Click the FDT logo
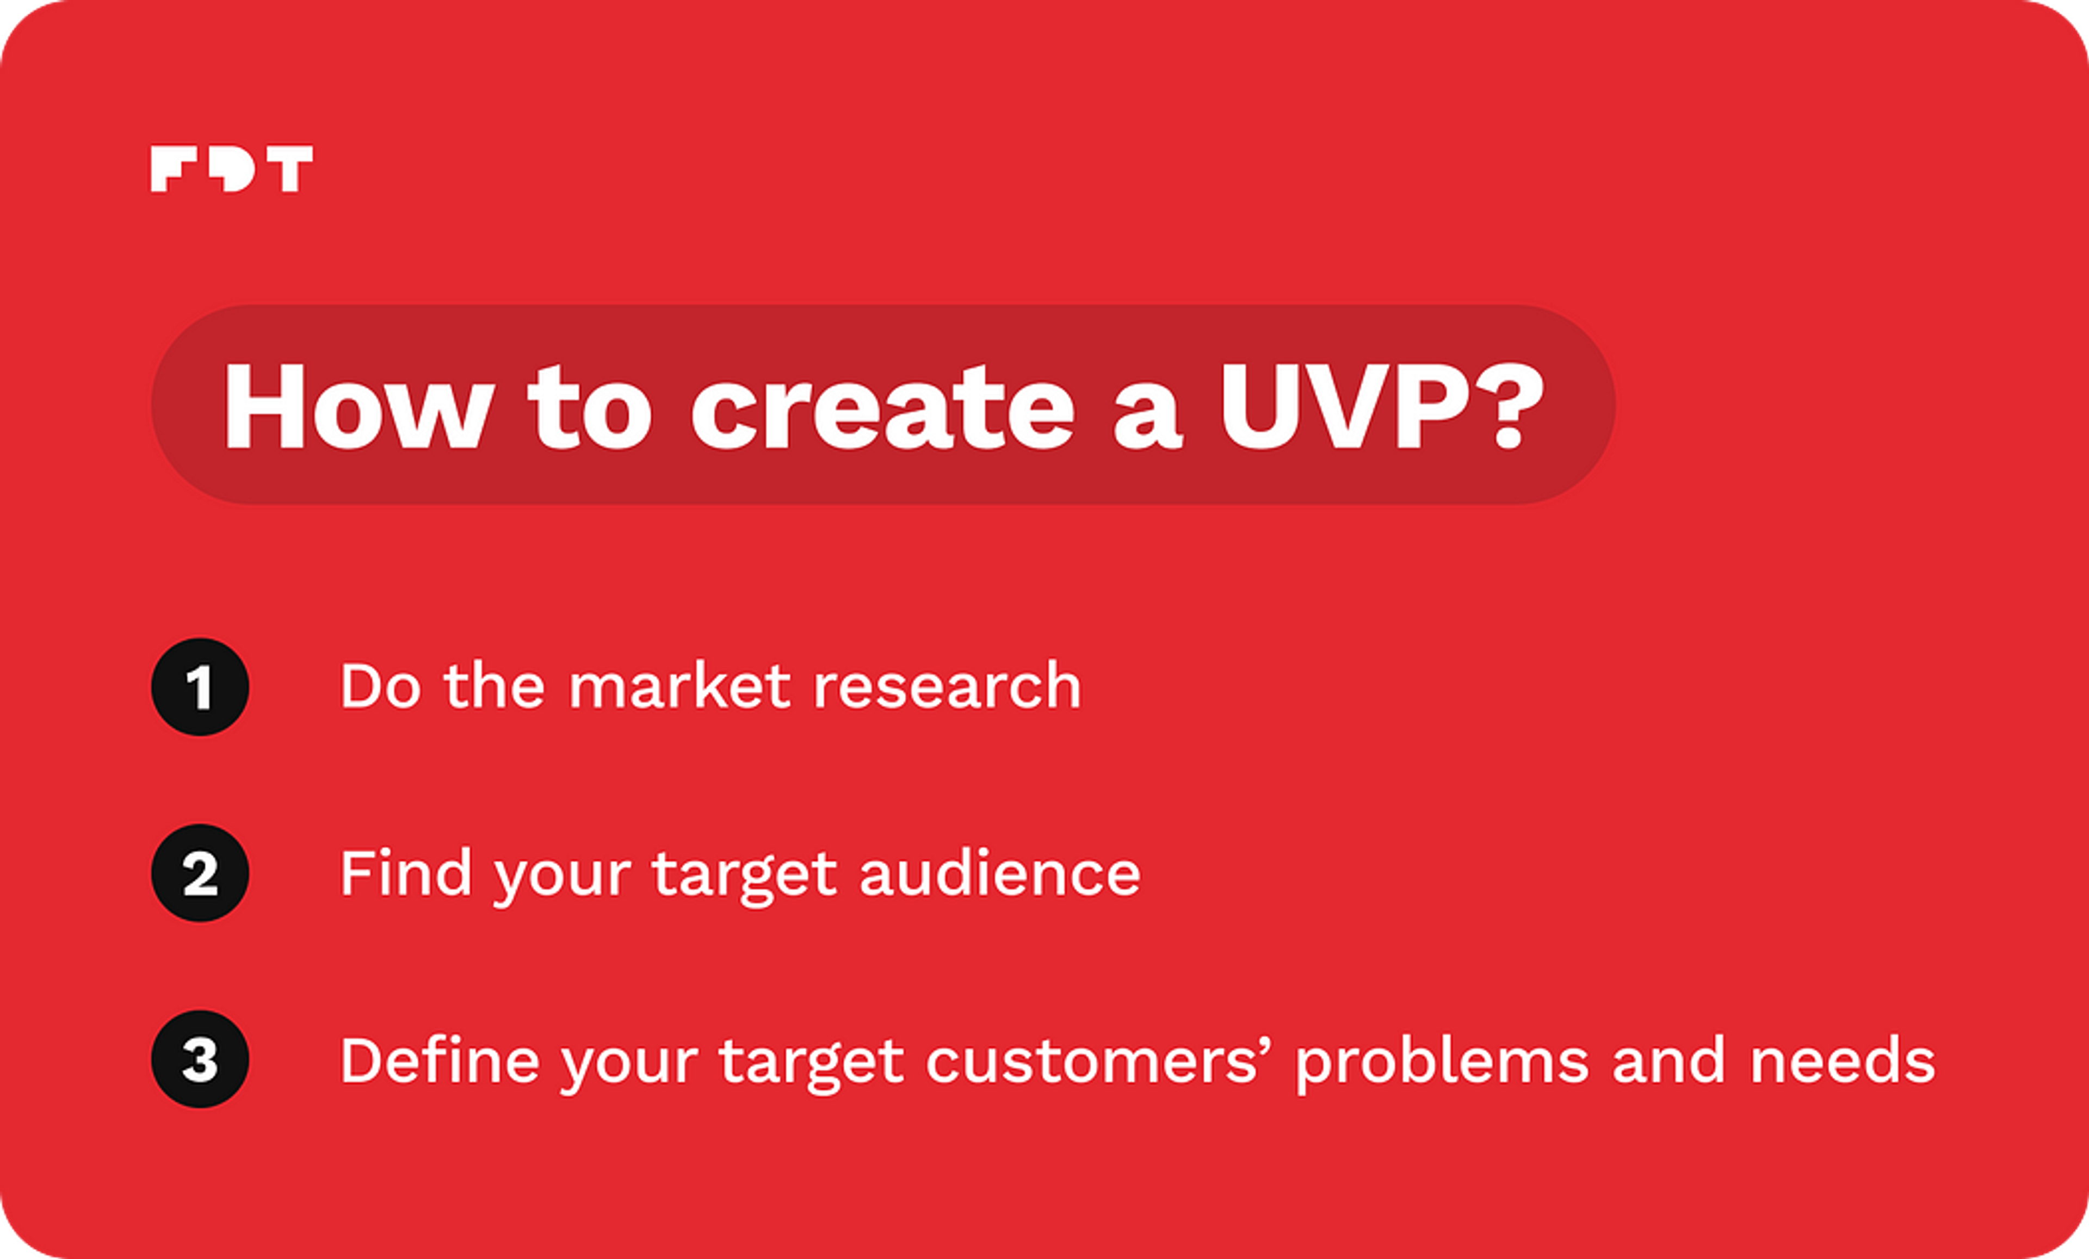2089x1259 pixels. (231, 168)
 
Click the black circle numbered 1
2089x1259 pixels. (200, 687)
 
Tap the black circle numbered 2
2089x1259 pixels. (200, 873)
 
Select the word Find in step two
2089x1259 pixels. (405, 873)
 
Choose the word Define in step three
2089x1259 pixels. (439, 1060)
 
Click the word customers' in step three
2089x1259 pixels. (1093, 1060)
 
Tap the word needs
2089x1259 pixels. (1842, 1060)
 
